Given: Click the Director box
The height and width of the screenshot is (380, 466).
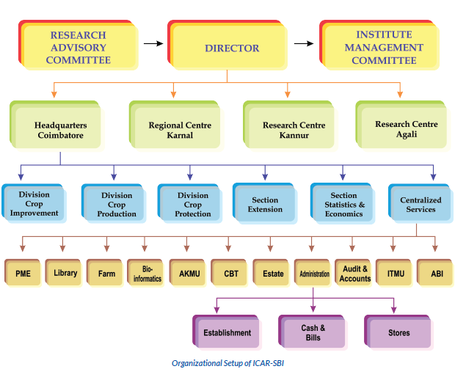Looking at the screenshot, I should click(x=232, y=48).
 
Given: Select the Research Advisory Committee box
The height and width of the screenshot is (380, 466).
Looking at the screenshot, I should click(x=77, y=48).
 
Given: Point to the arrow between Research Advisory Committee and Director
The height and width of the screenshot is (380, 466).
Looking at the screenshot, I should click(x=153, y=43).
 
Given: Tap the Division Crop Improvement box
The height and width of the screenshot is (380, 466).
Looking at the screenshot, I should click(x=34, y=204).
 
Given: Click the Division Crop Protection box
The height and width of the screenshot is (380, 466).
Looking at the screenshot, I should click(x=193, y=205).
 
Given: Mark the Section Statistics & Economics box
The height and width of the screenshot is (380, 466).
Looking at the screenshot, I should click(x=344, y=205).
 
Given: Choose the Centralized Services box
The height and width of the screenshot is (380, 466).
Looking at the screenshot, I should click(x=421, y=205).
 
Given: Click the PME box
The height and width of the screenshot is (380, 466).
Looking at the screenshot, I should click(x=23, y=274).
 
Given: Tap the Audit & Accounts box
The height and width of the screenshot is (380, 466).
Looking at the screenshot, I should click(x=355, y=274).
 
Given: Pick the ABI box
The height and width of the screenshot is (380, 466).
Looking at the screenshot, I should click(x=437, y=274).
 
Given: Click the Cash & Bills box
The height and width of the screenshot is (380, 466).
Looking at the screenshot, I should click(x=313, y=332).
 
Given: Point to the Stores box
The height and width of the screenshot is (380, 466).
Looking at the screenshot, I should click(x=399, y=332).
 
